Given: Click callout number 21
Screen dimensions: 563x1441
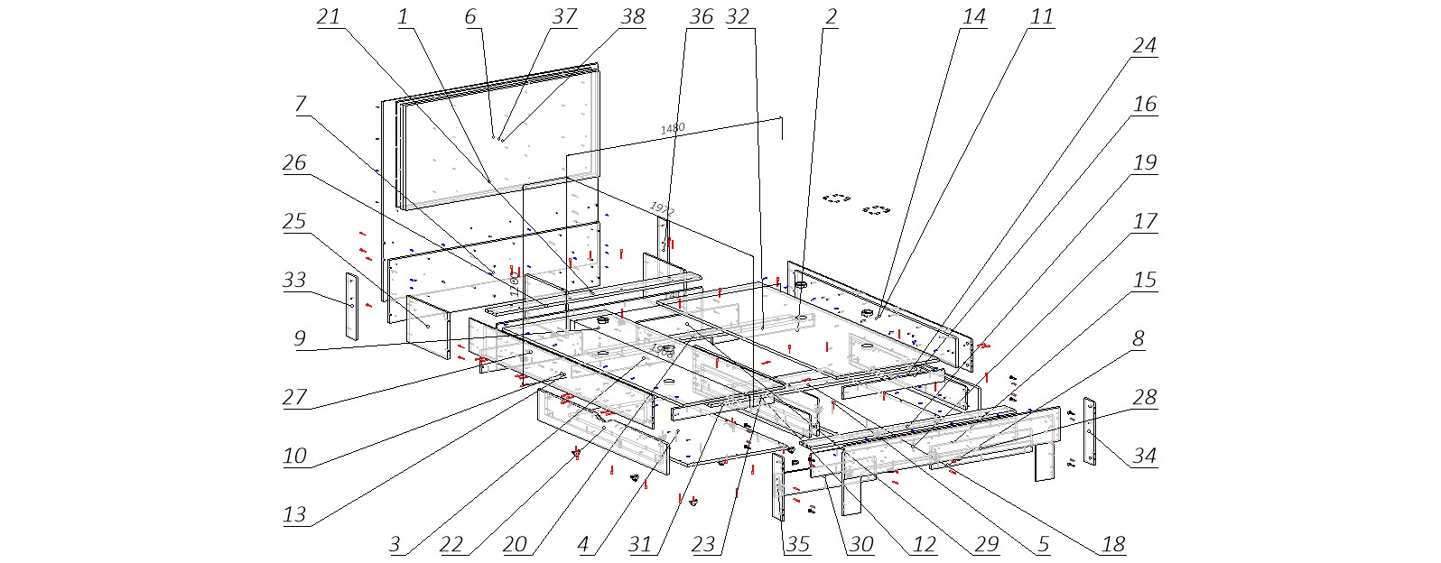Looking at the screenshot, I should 329,16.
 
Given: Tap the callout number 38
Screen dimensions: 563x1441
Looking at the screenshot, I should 633,16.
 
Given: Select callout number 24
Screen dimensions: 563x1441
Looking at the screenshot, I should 1144,46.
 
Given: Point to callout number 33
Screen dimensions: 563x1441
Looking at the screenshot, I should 294,280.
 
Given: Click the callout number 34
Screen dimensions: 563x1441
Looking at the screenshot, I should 1144,456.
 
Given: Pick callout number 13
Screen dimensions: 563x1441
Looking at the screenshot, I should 294,514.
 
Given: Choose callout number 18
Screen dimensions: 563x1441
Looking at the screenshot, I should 1113,543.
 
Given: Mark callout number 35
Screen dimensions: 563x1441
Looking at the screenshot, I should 797,543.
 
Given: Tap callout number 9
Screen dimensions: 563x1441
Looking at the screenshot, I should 300,338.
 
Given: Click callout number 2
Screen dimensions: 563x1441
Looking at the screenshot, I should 831,16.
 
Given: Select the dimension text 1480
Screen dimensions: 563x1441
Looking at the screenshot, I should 673,128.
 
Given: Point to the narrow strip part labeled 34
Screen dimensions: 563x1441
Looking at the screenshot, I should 1090,431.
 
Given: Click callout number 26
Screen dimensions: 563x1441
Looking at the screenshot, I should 294,162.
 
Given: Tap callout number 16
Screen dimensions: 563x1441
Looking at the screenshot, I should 1144,105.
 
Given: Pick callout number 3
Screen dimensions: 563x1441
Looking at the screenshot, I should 395,543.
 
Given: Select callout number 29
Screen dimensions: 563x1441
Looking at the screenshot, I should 987,543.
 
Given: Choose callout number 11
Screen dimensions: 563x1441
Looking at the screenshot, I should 1041,16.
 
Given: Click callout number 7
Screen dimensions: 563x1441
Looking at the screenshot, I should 301,104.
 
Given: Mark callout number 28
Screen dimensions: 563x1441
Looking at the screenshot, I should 1144,397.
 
